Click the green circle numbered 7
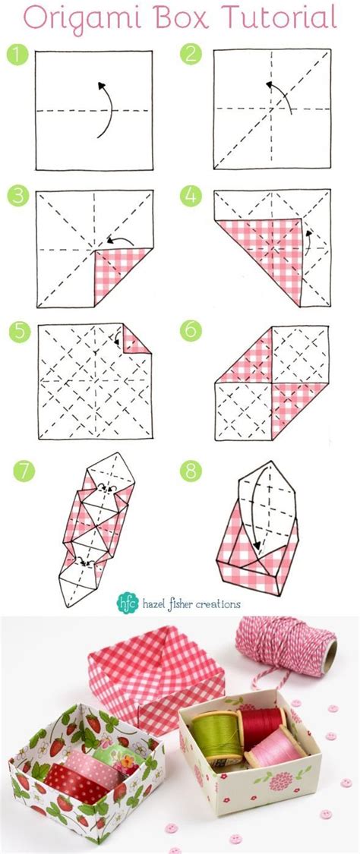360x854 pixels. pyautogui.click(x=24, y=471)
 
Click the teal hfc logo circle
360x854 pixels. pyautogui.click(x=126, y=603)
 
